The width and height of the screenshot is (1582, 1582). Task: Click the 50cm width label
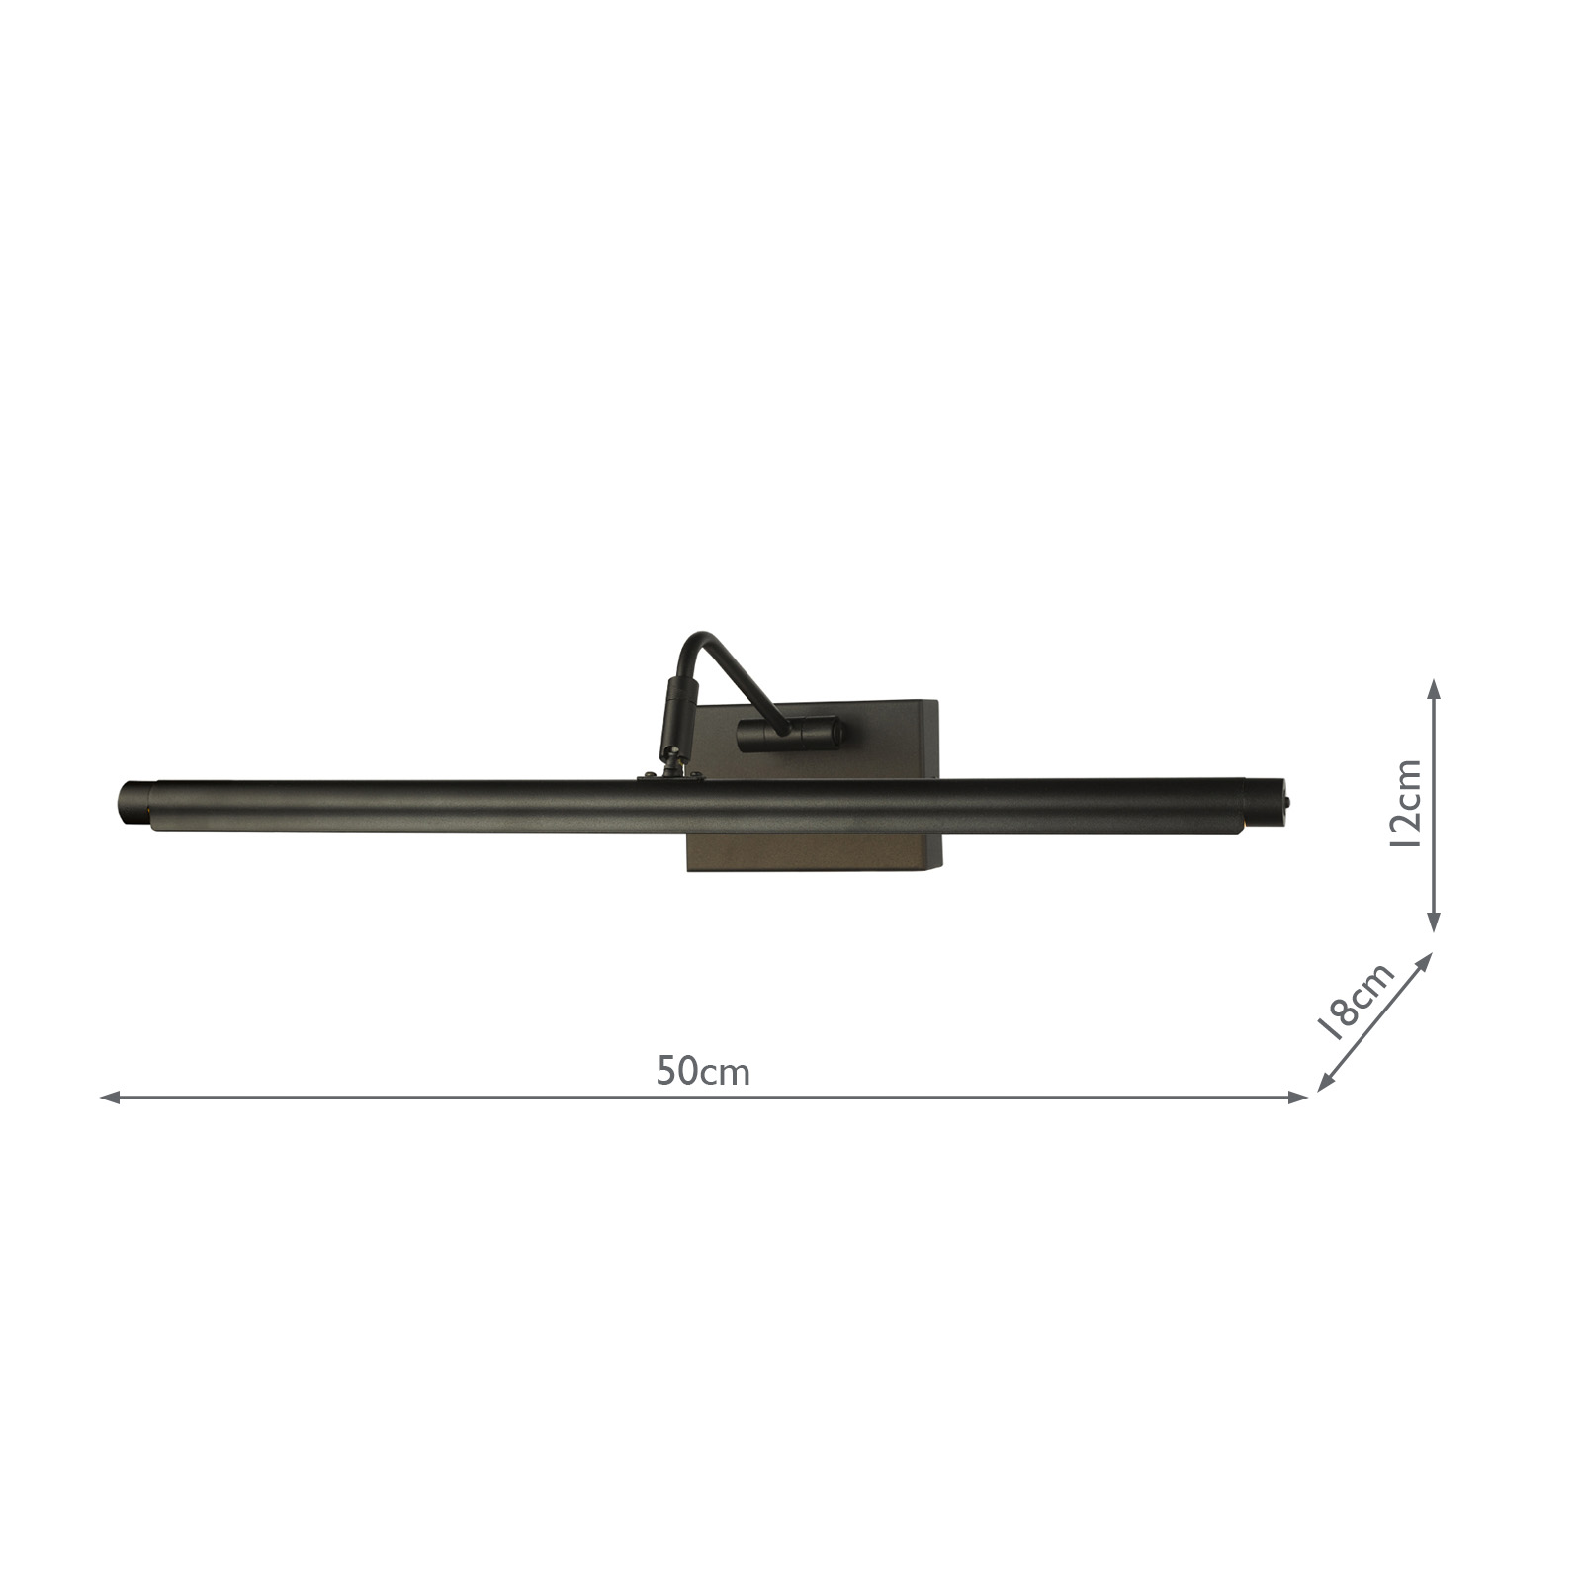[703, 1072]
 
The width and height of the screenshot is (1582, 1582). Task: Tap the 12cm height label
[1404, 804]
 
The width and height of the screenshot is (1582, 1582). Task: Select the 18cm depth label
[1358, 1000]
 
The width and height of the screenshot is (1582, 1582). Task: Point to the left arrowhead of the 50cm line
[108, 1098]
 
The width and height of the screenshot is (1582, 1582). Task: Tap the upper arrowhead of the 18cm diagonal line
[1425, 959]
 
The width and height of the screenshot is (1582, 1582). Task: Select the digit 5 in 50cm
[665, 1072]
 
